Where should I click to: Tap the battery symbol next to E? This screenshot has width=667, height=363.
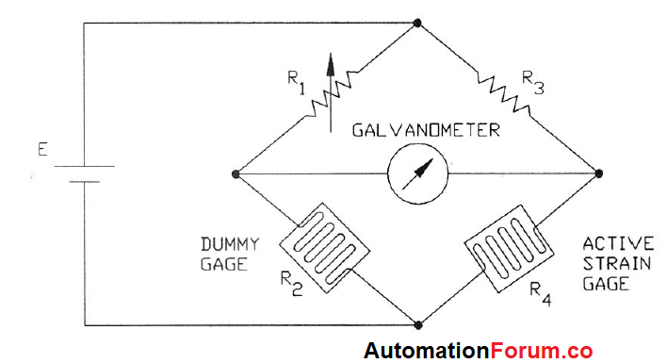click(84, 174)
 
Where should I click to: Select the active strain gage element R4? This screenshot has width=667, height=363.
click(508, 247)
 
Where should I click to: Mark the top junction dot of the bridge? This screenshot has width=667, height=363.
click(416, 21)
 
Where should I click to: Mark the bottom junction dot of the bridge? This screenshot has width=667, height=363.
click(416, 325)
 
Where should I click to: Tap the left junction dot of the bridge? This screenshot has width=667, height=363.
click(236, 173)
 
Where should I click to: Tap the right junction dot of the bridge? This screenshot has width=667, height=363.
click(598, 173)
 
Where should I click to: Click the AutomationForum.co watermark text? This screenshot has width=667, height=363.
click(479, 351)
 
